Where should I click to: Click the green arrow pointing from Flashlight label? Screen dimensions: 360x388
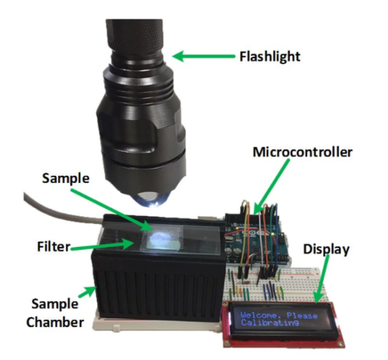[204, 58]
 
